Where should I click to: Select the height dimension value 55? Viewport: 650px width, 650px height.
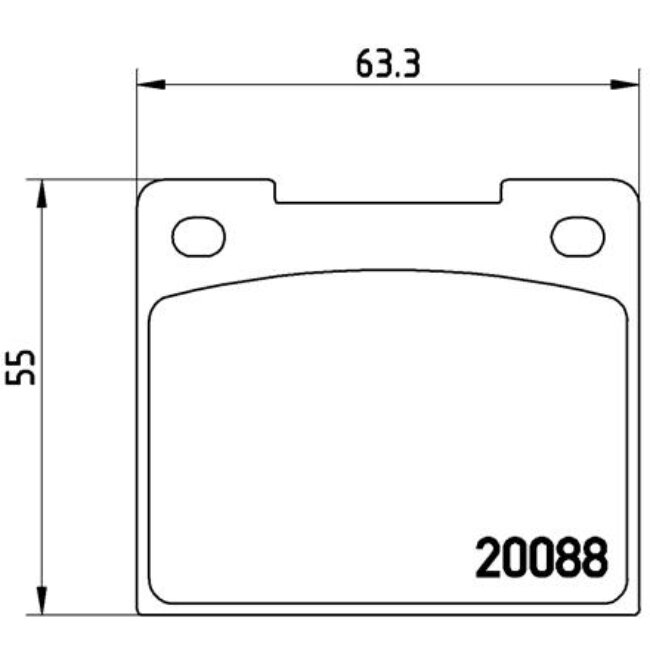(21, 367)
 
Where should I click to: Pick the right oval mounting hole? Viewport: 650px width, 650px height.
(577, 236)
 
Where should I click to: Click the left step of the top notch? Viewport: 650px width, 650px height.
(275, 192)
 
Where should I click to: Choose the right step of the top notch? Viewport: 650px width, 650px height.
(502, 192)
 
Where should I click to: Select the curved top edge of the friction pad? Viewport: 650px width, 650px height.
(388, 270)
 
